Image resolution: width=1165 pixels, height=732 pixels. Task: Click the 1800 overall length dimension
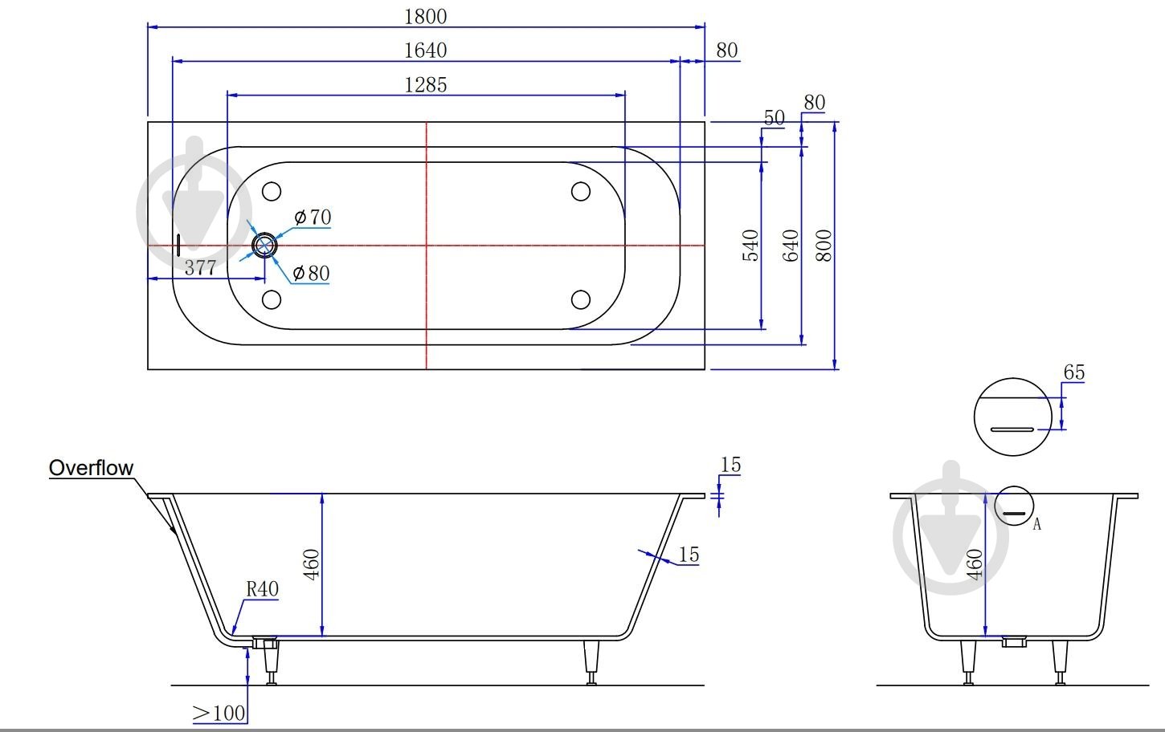click(426, 17)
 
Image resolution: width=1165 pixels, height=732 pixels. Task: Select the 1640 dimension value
click(426, 51)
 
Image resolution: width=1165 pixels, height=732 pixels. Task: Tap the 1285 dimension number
click(426, 85)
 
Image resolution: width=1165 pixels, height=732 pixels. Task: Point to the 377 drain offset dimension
click(200, 267)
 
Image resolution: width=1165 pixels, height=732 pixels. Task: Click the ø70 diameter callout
click(313, 218)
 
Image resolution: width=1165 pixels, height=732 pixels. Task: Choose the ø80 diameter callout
click(311, 273)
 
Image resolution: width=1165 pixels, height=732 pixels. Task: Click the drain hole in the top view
click(264, 246)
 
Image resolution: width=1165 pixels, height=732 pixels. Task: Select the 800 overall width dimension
click(824, 246)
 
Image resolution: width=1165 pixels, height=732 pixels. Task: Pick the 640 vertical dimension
click(791, 246)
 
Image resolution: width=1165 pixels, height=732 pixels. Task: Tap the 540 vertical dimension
click(750, 246)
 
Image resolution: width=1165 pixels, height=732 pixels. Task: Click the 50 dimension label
click(774, 118)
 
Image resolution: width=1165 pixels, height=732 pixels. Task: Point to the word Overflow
click(91, 468)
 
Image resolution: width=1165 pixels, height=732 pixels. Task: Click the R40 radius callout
click(262, 589)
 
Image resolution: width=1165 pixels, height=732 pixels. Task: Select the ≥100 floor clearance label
click(219, 714)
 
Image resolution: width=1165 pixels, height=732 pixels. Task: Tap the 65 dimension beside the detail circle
click(1074, 372)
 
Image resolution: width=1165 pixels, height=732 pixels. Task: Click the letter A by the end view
click(1036, 524)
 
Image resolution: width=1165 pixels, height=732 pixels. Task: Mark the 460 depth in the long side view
click(311, 565)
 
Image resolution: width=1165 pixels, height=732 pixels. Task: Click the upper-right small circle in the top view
click(580, 191)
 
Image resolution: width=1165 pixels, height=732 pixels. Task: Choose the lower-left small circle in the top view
click(272, 299)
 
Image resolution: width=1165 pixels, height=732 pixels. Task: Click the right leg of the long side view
click(591, 662)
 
